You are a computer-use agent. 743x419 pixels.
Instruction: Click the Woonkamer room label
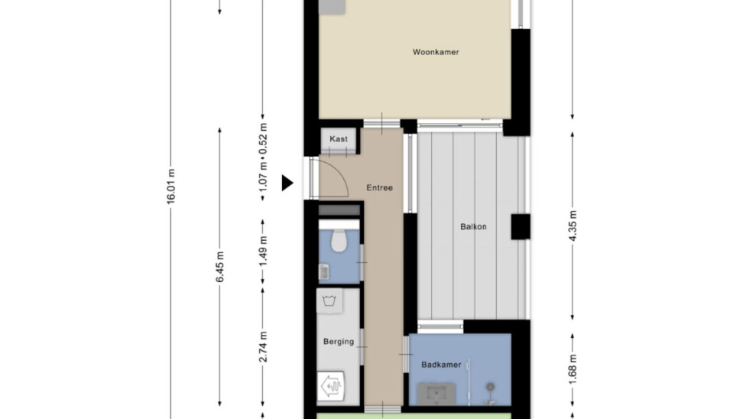[436, 52]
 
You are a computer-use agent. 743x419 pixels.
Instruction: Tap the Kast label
[339, 139]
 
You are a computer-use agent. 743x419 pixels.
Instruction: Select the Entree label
[380, 187]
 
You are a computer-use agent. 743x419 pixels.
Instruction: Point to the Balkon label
[473, 226]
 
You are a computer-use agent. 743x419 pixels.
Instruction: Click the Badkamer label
[441, 365]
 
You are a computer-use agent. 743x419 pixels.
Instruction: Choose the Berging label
[339, 341]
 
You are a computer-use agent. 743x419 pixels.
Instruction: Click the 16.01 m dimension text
[171, 187]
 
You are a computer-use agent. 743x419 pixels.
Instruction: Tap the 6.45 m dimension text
[220, 267]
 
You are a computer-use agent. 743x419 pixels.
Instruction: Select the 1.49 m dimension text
[264, 251]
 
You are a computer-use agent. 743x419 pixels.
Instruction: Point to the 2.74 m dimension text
[264, 347]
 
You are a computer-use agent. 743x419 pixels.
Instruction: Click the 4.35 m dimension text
[573, 226]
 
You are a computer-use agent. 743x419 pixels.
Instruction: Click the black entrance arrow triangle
[287, 183]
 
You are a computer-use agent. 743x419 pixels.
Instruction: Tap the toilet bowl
[339, 241]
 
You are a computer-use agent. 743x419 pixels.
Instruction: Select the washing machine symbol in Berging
[329, 300]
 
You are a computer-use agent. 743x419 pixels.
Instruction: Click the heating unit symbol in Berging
[331, 386]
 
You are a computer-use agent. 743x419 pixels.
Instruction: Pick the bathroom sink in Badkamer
[436, 394]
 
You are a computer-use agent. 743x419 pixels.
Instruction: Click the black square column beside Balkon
[521, 226]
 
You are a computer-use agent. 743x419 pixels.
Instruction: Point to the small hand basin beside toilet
[324, 272]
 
